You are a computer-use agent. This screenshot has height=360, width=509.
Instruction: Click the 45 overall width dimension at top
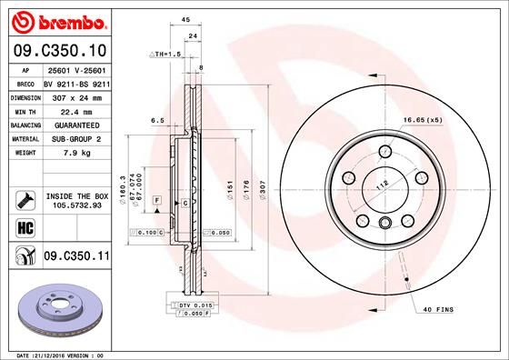coord(185,20)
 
